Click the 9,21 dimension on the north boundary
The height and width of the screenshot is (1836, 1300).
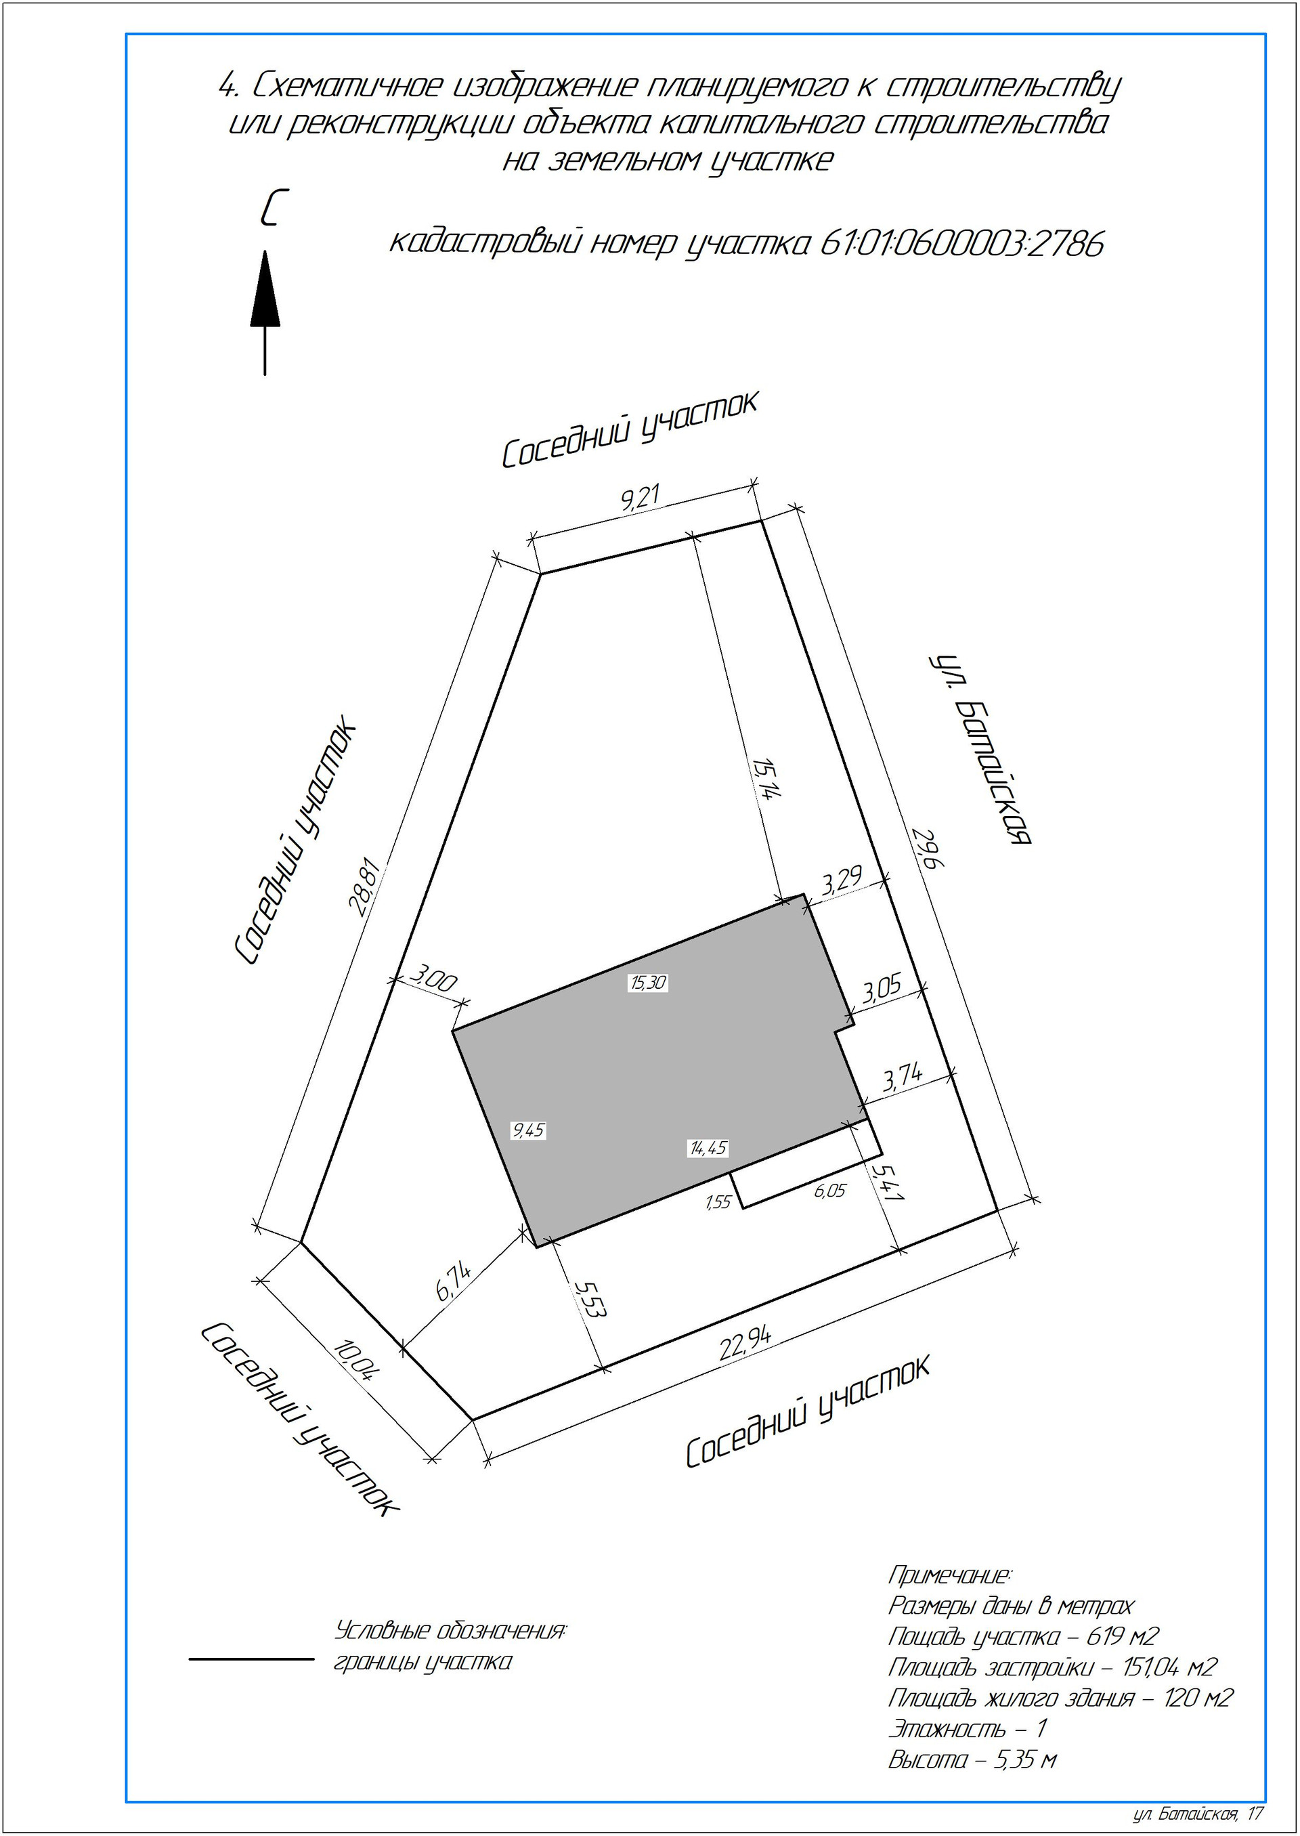pyautogui.click(x=640, y=497)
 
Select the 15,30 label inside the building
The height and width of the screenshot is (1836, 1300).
pyautogui.click(x=647, y=983)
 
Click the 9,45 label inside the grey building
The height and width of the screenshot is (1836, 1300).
pyautogui.click(x=528, y=1130)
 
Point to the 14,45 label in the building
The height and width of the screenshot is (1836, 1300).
pyautogui.click(x=708, y=1148)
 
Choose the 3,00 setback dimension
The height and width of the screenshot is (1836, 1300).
pyautogui.click(x=433, y=979)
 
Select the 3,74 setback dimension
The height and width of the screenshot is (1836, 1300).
pyautogui.click(x=903, y=1077)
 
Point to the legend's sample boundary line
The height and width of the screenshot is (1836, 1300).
pyautogui.click(x=251, y=1652)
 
